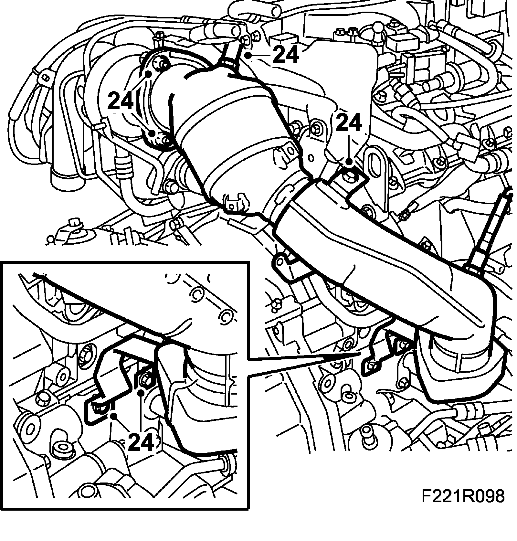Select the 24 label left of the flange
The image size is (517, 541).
pyautogui.click(x=121, y=100)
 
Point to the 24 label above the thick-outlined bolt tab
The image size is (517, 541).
pyautogui.click(x=348, y=123)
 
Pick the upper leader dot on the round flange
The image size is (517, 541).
pyautogui.click(x=149, y=74)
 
